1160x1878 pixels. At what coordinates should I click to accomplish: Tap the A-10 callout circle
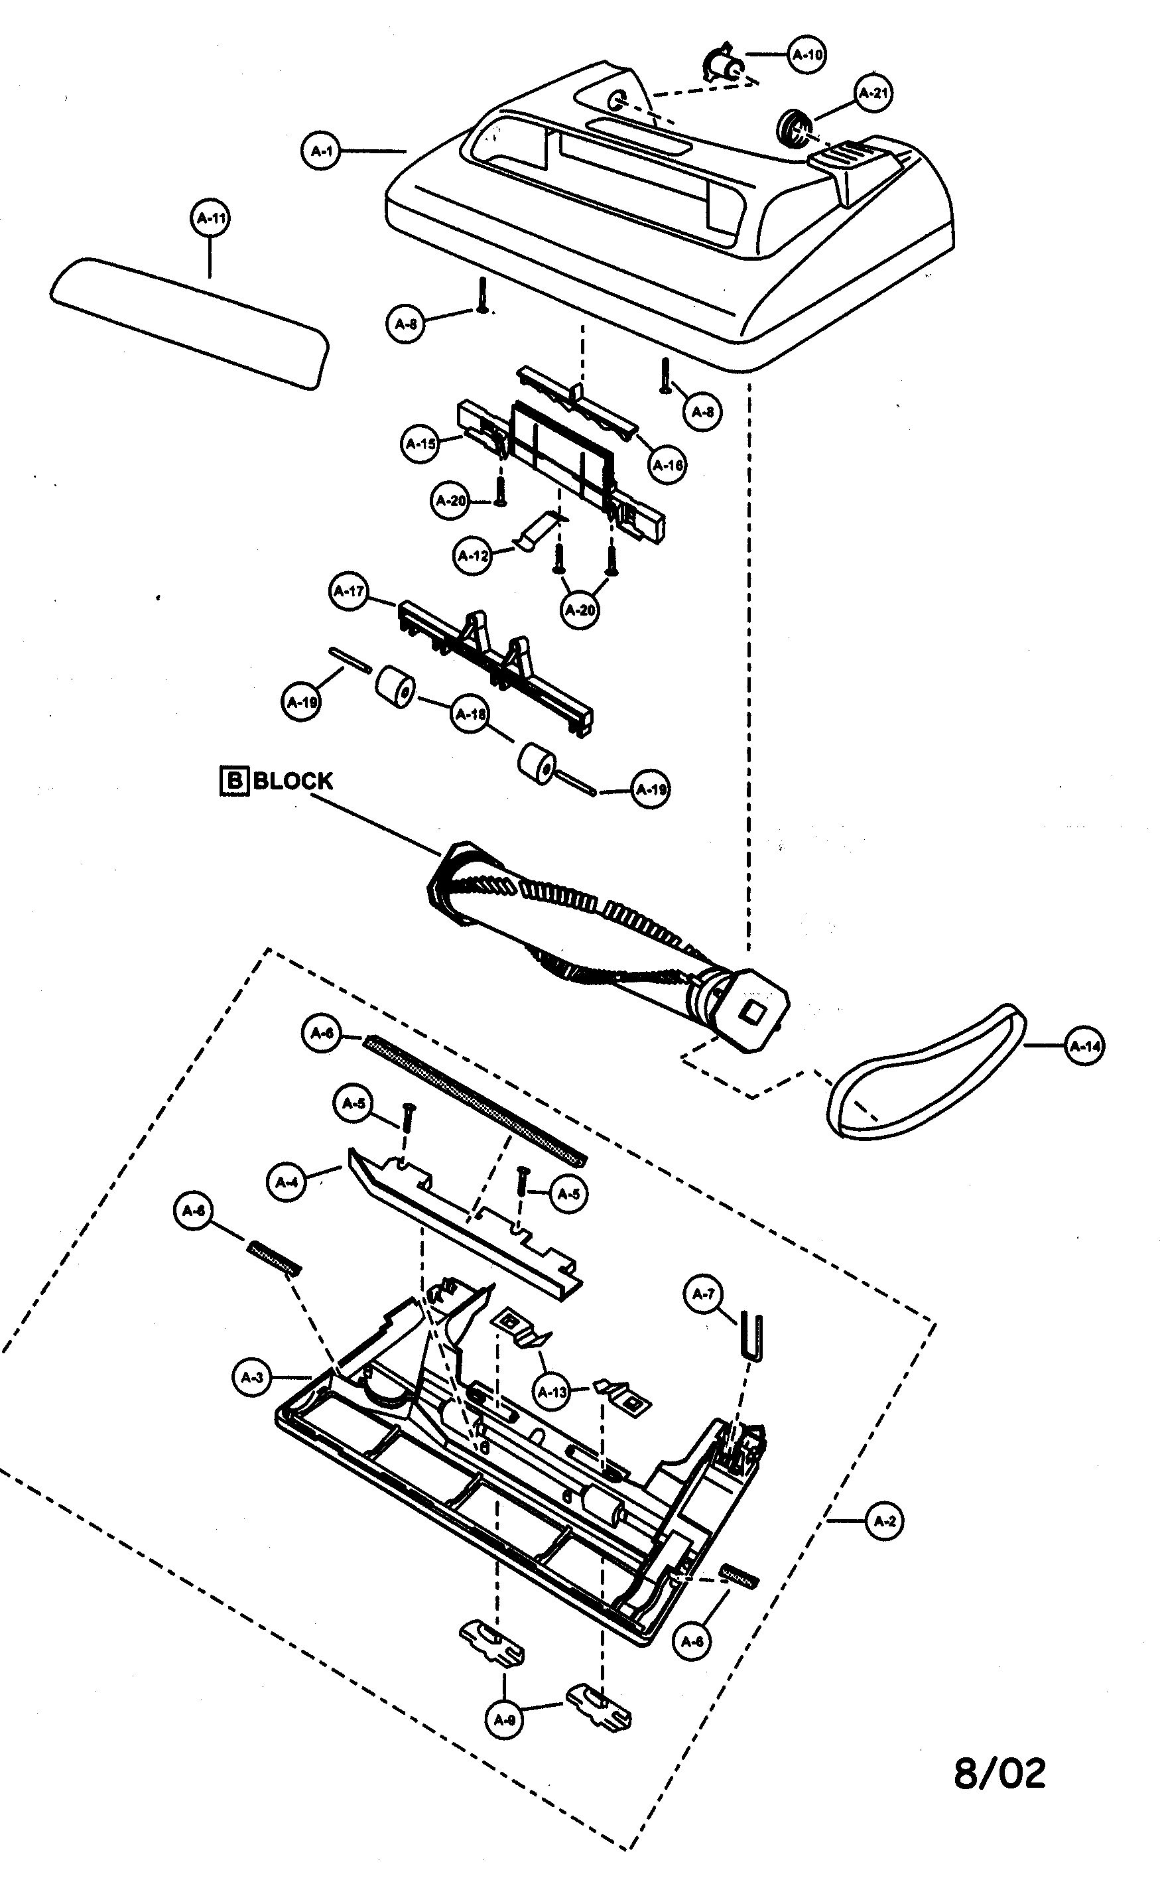pyautogui.click(x=806, y=54)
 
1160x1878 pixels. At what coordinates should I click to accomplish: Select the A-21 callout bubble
pyautogui.click(x=873, y=94)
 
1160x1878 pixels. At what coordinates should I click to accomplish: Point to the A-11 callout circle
pyautogui.click(x=210, y=218)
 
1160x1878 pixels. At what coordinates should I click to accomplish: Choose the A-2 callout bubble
pyautogui.click(x=885, y=1520)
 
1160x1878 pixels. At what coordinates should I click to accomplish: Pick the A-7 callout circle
pyautogui.click(x=703, y=1294)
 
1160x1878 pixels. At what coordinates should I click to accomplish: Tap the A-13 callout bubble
pyautogui.click(x=552, y=1392)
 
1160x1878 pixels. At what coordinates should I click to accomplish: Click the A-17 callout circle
pyautogui.click(x=349, y=592)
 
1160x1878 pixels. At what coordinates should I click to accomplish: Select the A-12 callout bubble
pyautogui.click(x=473, y=555)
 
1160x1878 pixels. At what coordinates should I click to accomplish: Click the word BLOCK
pyautogui.click(x=293, y=781)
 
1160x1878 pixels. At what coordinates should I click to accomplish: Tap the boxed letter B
pyautogui.click(x=234, y=781)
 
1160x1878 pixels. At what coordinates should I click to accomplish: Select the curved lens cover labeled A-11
pyautogui.click(x=188, y=322)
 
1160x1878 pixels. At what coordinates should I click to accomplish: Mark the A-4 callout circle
pyautogui.click(x=287, y=1182)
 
